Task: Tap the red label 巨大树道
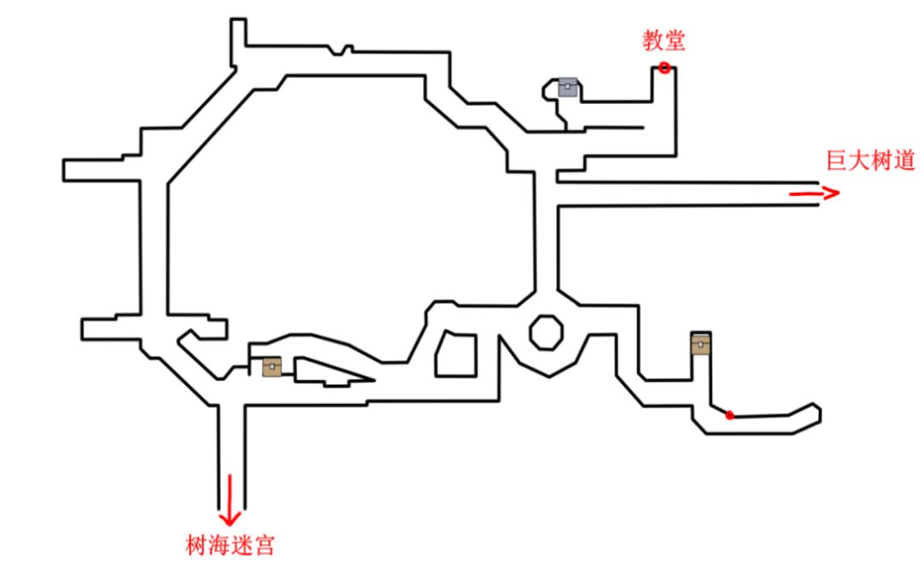coord(871,161)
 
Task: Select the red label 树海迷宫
coord(230,545)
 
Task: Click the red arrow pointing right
coord(814,194)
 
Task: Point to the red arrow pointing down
coord(229,500)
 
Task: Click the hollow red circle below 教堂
coord(664,67)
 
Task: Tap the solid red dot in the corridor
coord(729,415)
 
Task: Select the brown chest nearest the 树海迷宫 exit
coord(271,366)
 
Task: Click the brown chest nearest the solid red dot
coord(701,343)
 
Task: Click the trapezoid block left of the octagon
coord(455,354)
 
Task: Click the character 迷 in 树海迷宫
coord(241,545)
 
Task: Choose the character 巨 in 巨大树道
coord(837,161)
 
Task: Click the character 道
coord(904,161)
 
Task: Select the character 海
coord(219,545)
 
